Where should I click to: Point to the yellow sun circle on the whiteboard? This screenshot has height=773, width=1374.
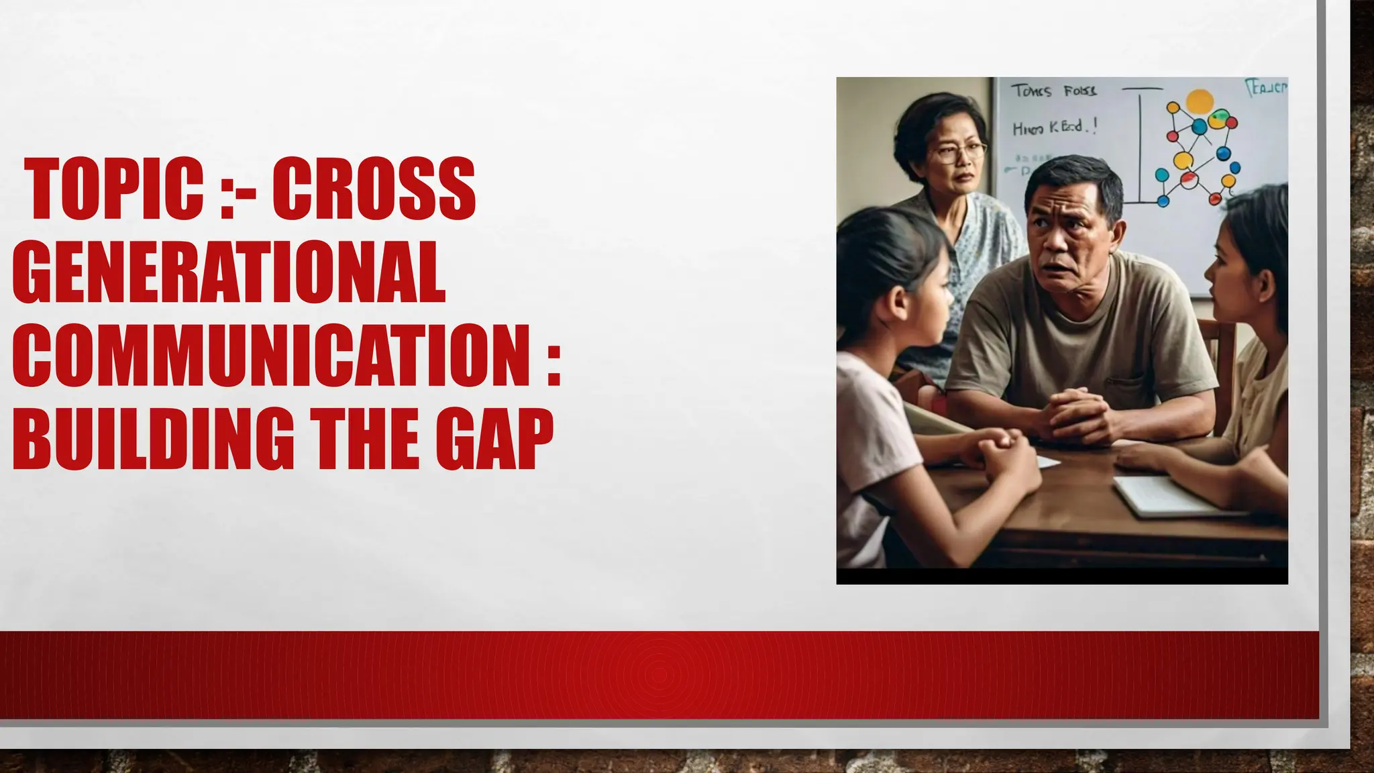point(1200,101)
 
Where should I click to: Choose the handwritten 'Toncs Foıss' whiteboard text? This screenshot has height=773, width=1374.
point(1053,91)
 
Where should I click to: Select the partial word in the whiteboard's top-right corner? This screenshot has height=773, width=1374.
point(1267,88)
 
